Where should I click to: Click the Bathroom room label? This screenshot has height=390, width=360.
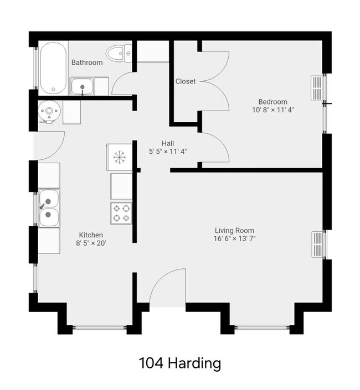[x=87, y=63]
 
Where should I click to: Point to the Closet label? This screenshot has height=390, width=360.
[x=186, y=81]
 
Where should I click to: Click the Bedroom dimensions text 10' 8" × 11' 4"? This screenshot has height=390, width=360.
[x=272, y=110]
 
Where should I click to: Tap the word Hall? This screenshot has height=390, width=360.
[x=168, y=142]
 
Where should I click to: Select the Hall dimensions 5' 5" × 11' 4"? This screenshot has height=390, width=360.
[x=168, y=150]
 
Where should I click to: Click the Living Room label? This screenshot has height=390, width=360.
[x=234, y=230]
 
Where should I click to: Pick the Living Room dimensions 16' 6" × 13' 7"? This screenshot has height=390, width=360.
[x=234, y=239]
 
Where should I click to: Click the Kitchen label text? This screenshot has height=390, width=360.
[x=91, y=235]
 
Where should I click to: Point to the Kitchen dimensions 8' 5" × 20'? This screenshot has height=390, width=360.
[x=91, y=243]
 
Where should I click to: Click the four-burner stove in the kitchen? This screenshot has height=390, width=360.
[x=121, y=213]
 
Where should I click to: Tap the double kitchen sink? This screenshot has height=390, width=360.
[x=49, y=207]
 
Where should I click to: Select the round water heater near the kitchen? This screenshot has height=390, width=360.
[x=50, y=112]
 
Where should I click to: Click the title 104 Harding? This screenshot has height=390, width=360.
[x=180, y=363]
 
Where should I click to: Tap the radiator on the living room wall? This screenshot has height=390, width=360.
[x=317, y=245]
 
